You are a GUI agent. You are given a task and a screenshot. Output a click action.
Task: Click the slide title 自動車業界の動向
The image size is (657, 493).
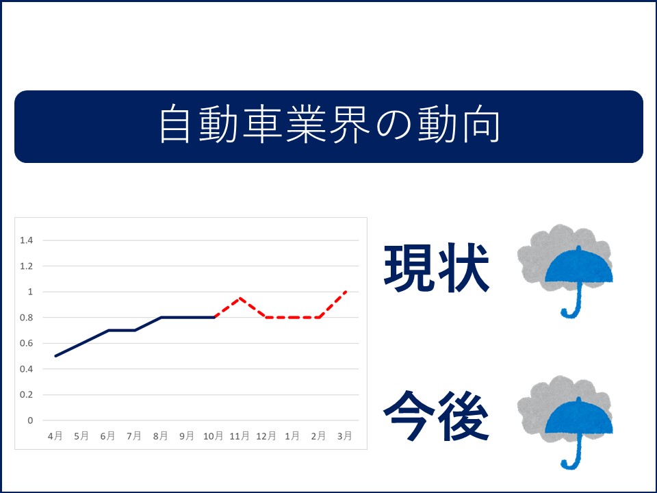(329, 125)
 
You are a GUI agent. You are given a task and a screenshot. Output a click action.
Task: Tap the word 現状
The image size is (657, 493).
(437, 268)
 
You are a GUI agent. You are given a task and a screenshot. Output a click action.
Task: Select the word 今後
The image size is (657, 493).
(437, 416)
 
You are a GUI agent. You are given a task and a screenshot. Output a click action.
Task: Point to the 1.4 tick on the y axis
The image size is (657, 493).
(27, 240)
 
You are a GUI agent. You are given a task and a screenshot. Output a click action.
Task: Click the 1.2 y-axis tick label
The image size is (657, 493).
(27, 266)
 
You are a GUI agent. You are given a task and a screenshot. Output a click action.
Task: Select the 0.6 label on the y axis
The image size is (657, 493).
(27, 343)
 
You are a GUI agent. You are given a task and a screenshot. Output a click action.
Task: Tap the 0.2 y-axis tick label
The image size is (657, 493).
(27, 395)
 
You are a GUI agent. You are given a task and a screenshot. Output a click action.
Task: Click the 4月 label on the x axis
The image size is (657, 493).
(55, 436)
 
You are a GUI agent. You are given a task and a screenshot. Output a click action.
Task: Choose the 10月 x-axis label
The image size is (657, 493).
(213, 436)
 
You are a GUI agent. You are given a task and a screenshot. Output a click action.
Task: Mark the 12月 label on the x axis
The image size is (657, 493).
(266, 436)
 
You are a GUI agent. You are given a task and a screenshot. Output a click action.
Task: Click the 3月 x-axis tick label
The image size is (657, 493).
(344, 436)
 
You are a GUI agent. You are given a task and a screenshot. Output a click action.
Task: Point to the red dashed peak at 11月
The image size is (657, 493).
(240, 298)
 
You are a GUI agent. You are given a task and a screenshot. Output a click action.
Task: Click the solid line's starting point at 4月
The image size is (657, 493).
(55, 356)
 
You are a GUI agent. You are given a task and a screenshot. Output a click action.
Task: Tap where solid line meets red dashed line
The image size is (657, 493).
(214, 317)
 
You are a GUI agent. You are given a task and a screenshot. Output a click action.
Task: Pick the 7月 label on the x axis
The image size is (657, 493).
(134, 436)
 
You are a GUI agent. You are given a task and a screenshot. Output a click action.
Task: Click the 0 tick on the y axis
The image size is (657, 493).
(30, 420)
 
